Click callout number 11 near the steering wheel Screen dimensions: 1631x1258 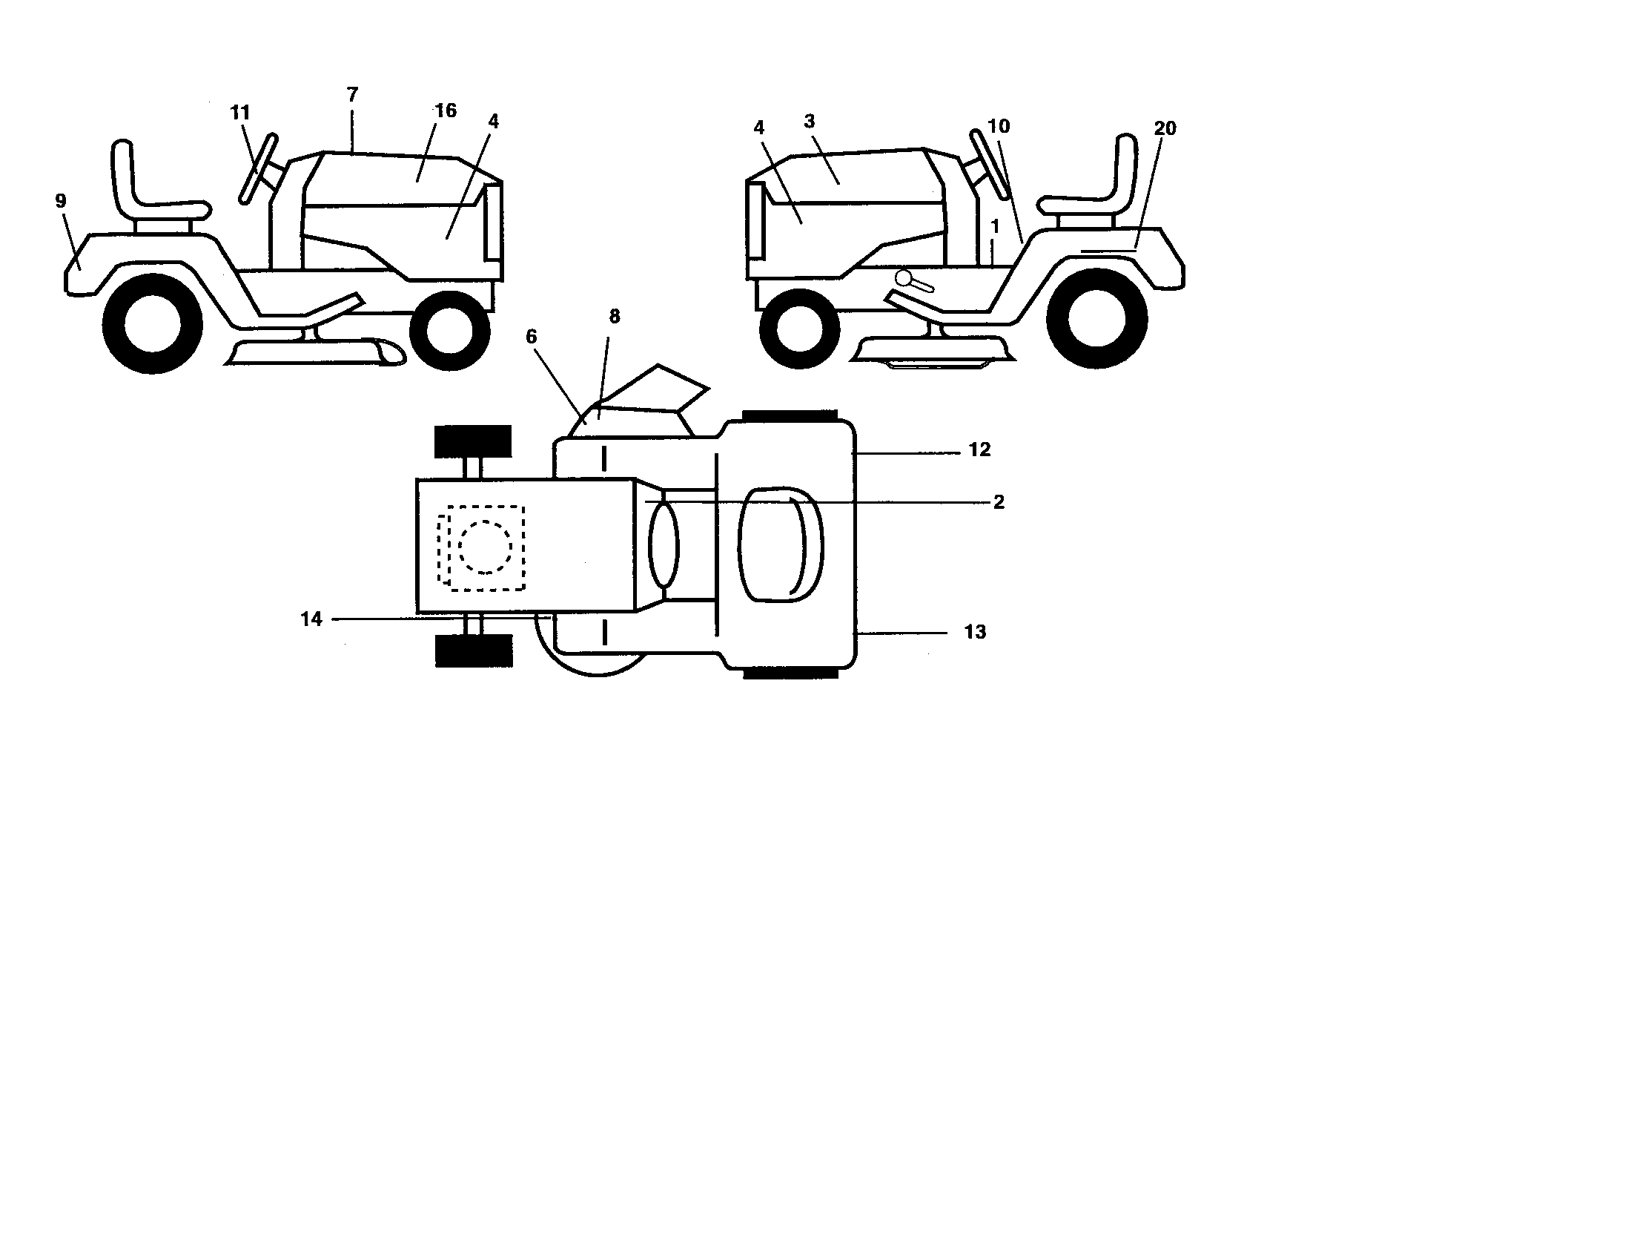click(239, 113)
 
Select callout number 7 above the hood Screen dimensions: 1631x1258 click(352, 95)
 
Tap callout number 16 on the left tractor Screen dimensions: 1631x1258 click(446, 111)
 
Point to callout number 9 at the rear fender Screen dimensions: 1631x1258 click(61, 200)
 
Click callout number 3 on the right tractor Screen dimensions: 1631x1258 click(810, 120)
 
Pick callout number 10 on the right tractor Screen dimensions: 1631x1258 click(999, 126)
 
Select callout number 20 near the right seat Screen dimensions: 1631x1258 click(1165, 128)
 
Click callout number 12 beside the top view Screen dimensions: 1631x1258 click(979, 449)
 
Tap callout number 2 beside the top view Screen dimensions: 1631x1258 click(999, 502)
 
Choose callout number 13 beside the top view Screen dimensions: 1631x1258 click(975, 632)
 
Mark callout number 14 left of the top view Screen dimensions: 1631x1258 click(311, 619)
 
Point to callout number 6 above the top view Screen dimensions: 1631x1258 click(531, 337)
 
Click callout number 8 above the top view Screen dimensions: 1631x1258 click(614, 317)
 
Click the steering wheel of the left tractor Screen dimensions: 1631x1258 click(258, 169)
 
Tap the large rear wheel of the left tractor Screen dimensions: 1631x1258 click(152, 323)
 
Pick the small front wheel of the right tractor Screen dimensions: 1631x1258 click(798, 329)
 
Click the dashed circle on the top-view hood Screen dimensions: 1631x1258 click(486, 547)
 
